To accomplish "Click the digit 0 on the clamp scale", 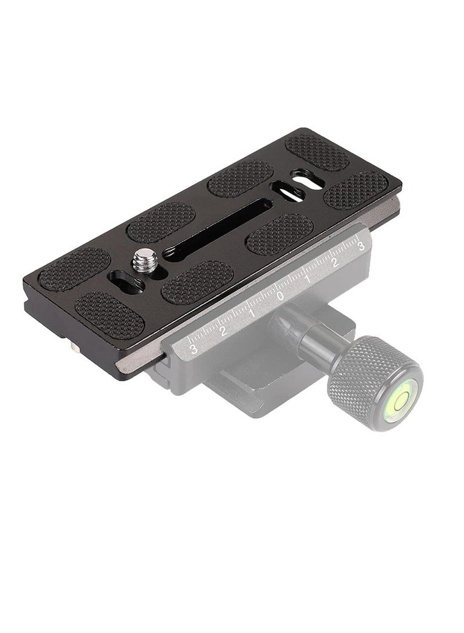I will point(280,296).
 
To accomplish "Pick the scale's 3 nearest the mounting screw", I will point(194,349).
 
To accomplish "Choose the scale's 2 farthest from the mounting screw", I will point(334,263).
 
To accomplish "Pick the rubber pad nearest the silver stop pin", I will point(110,314).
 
